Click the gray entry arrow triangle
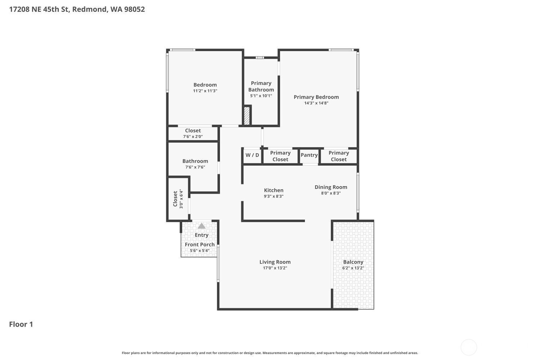coord(202,226)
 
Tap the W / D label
coord(252,155)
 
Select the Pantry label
coord(309,155)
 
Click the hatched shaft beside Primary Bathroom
coord(247,116)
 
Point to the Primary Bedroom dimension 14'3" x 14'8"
coord(316,103)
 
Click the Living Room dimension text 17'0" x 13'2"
coord(275,268)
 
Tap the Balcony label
coord(353,262)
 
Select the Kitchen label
coord(274,190)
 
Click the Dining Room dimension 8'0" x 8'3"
coord(331,193)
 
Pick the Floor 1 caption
coord(21,324)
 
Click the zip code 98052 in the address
coord(135,9)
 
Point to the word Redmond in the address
coord(89,9)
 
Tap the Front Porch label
coord(199,244)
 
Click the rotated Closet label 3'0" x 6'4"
coord(178,199)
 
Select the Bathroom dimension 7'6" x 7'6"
coord(195,167)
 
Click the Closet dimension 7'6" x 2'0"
coord(193,136)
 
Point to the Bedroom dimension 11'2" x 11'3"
coord(205,91)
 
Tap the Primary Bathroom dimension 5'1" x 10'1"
coord(261,96)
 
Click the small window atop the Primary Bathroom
coord(260,58)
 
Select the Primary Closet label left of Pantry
coord(280,156)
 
